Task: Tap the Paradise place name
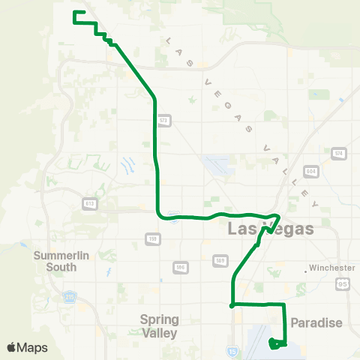316,323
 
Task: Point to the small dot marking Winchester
307,268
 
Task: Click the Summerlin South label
61,260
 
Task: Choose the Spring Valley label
160,325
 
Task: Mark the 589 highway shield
220,260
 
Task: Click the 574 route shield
339,154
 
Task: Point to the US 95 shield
343,283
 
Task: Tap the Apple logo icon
11,347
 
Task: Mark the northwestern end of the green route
73,13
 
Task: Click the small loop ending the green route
275,343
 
